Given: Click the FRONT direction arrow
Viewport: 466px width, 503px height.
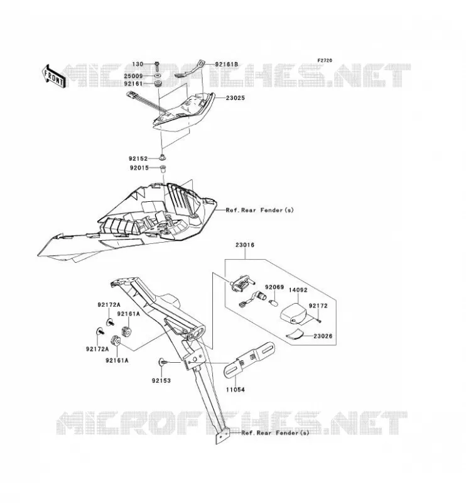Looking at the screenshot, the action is (x=54, y=77).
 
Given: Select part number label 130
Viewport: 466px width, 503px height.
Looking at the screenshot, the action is (x=138, y=64).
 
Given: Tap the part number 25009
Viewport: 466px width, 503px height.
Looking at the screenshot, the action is (x=133, y=76).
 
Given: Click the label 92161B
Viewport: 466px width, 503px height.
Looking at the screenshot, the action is (x=227, y=65).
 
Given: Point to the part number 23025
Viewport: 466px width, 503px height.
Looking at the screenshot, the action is (x=236, y=98).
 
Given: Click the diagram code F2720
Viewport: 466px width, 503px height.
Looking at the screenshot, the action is (x=325, y=60).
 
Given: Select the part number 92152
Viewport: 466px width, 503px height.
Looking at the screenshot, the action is (x=138, y=158).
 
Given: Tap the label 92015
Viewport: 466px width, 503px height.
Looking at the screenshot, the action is (x=139, y=168).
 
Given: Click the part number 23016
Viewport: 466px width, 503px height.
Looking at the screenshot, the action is (x=245, y=245).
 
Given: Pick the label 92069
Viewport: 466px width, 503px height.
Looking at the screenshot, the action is (x=274, y=287).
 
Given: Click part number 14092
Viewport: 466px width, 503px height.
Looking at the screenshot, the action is (x=298, y=290).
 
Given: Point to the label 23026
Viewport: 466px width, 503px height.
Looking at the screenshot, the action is (x=323, y=336).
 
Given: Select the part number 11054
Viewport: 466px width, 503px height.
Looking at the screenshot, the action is (x=236, y=390).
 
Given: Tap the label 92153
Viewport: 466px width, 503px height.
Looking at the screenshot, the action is (x=161, y=381).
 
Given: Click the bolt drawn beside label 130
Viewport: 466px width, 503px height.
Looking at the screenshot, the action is (x=157, y=67).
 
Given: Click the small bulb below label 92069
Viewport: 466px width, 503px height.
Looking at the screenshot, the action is (x=273, y=302).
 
